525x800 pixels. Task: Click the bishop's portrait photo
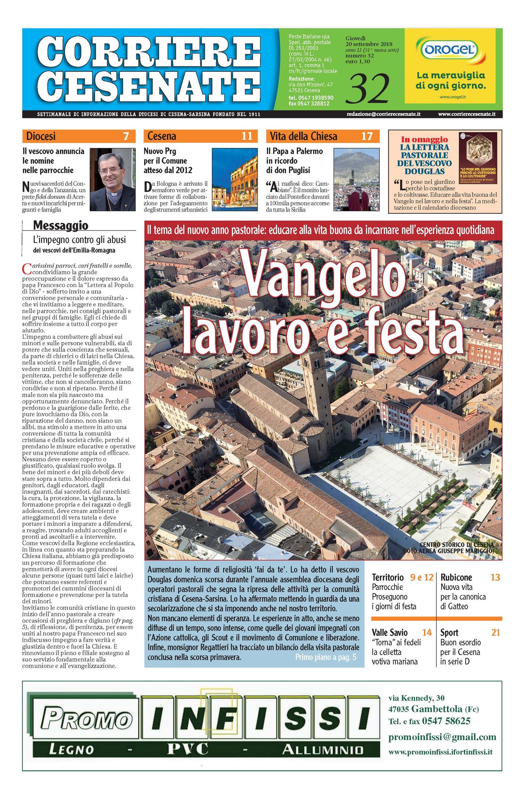pyautogui.click(x=113, y=179)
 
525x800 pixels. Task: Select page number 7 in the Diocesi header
pyautogui.click(x=126, y=136)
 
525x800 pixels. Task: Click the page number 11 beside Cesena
pyautogui.click(x=247, y=136)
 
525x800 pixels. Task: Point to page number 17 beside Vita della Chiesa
pyautogui.click(x=366, y=136)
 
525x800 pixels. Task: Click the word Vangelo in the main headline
pyautogui.click(x=324, y=276)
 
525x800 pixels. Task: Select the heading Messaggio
pyautogui.click(x=61, y=225)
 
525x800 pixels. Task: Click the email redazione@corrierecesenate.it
pyautogui.click(x=383, y=114)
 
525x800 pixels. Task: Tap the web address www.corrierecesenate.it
pyautogui.click(x=466, y=114)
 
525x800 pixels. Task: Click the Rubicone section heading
pyautogui.click(x=456, y=577)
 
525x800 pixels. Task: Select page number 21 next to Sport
pyautogui.click(x=495, y=632)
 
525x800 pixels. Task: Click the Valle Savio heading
pyautogui.click(x=390, y=632)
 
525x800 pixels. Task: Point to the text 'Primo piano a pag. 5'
pyautogui.click(x=326, y=657)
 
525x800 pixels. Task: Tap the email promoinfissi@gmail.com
pyautogui.click(x=442, y=737)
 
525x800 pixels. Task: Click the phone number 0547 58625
pyautogui.click(x=446, y=721)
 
